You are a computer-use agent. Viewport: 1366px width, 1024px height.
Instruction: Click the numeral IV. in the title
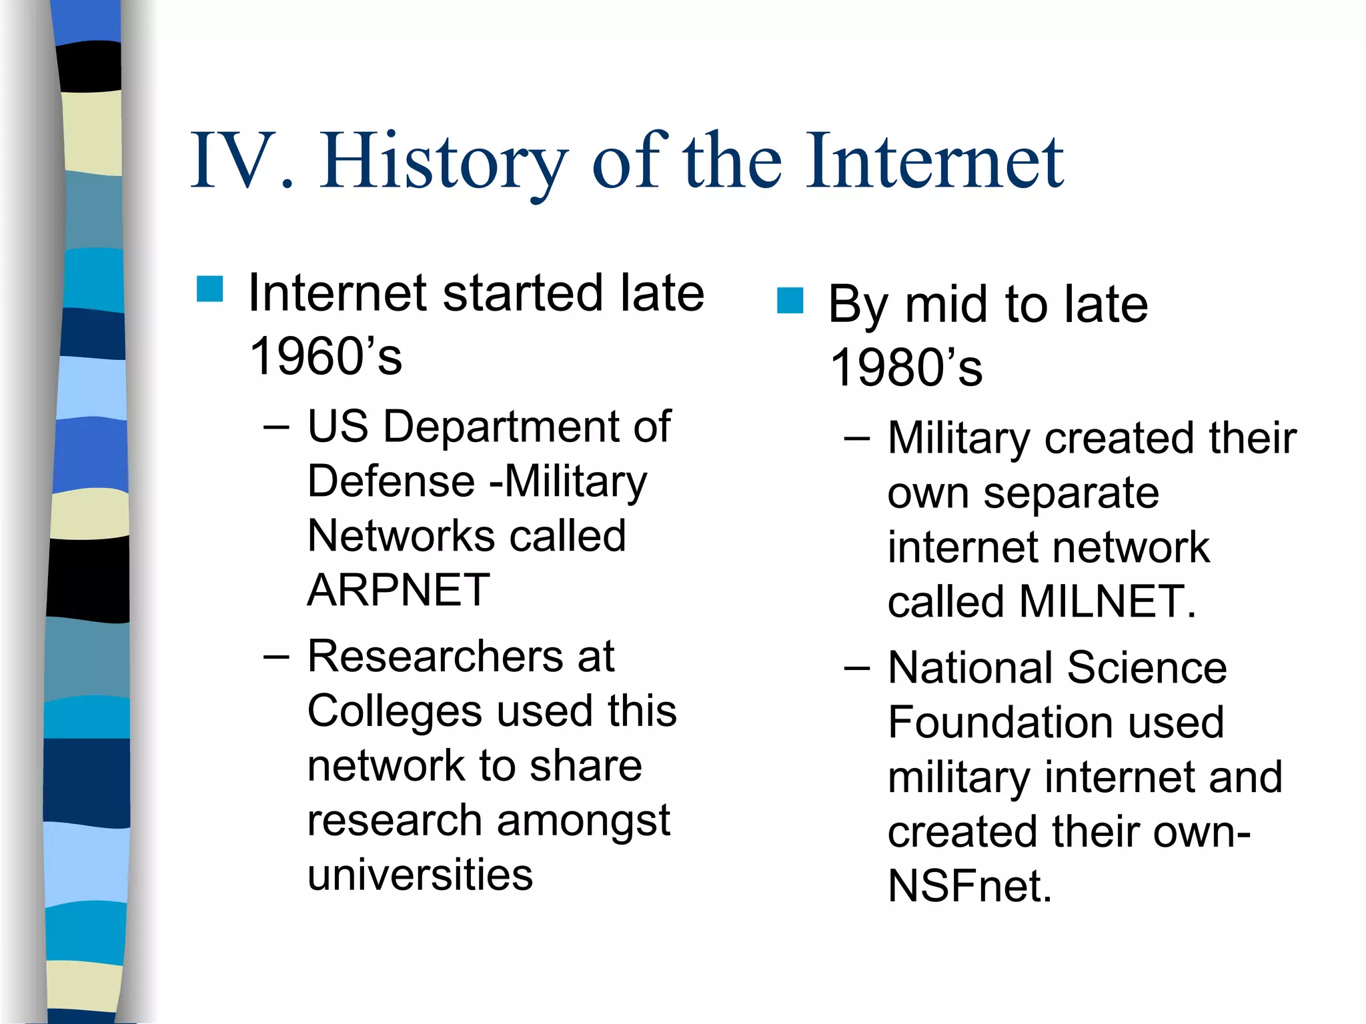[241, 162]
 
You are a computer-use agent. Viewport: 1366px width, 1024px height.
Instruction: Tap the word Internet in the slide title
[934, 162]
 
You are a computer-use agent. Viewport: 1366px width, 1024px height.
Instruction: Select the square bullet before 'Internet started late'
[209, 289]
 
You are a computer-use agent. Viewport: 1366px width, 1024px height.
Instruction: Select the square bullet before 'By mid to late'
[790, 301]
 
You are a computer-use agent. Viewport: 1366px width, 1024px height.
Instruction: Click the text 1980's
[906, 368]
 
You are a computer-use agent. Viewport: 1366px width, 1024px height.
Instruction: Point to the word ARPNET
[398, 590]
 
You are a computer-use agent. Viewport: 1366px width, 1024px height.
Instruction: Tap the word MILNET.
[1107, 601]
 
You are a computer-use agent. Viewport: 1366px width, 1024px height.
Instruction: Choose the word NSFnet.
[969, 886]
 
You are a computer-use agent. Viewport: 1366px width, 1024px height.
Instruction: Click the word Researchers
[435, 657]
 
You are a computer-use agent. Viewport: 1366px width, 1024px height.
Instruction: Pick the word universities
[420, 875]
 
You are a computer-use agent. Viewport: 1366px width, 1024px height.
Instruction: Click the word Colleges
[394, 711]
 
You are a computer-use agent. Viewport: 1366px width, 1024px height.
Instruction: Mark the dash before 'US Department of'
[276, 427]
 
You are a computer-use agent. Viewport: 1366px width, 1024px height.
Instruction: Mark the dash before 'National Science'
[856, 668]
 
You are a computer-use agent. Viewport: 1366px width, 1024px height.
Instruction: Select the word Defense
[392, 481]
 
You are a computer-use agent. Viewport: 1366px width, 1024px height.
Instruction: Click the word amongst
[583, 821]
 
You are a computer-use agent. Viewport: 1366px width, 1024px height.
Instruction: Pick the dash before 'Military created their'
[856, 439]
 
